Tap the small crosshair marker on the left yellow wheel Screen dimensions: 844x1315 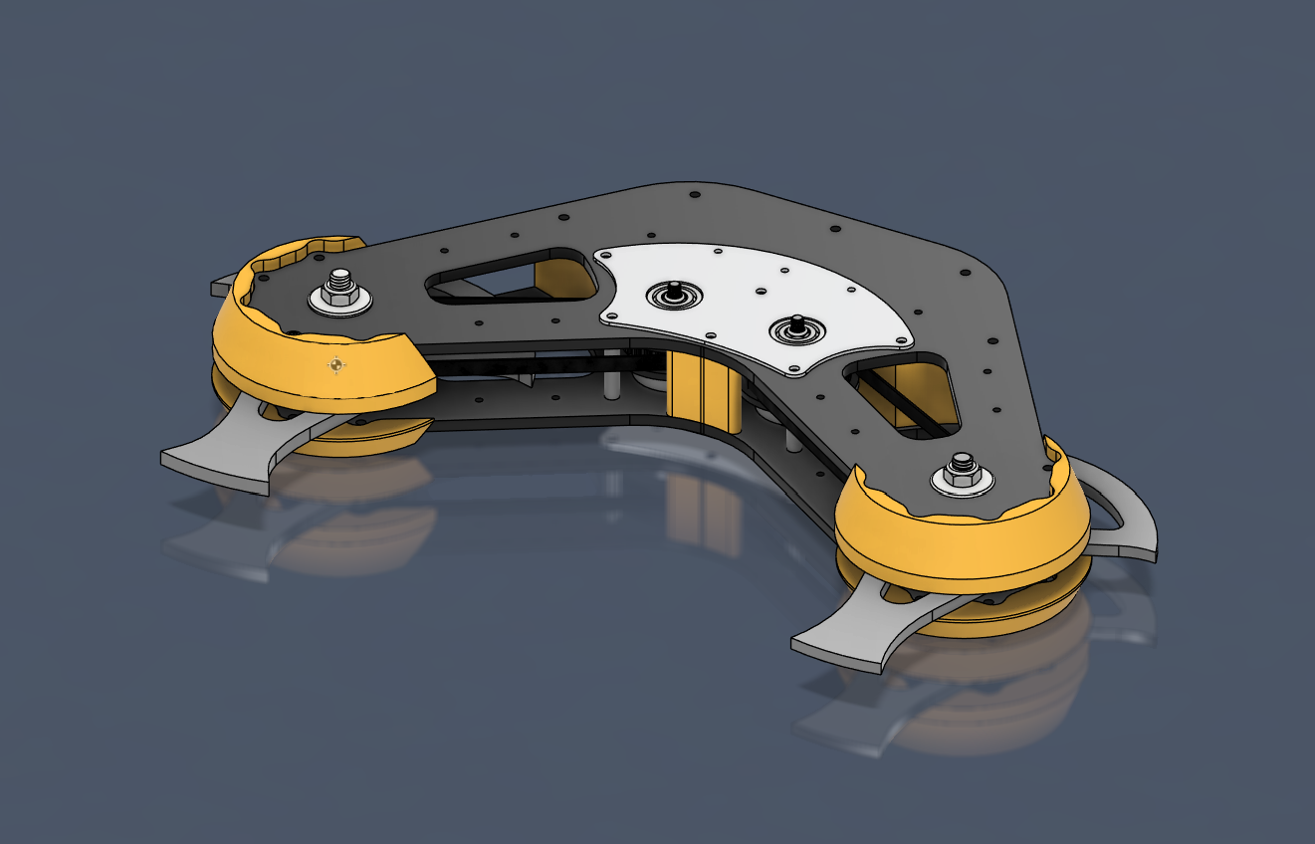(337, 365)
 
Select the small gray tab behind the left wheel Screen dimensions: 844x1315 (220, 288)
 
